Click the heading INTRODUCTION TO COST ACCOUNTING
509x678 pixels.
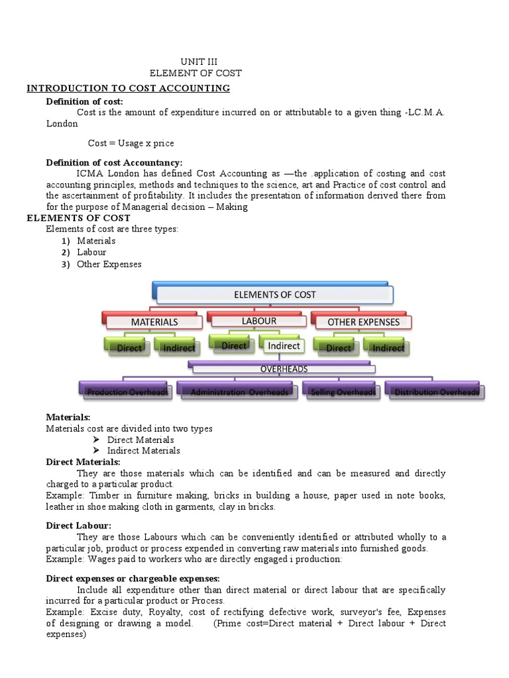(x=128, y=88)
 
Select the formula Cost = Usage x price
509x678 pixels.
(x=131, y=143)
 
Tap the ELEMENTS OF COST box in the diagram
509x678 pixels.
(x=275, y=295)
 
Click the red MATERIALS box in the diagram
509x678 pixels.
(x=154, y=322)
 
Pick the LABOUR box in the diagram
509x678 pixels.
(x=259, y=320)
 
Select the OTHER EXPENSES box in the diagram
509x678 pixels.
(x=363, y=322)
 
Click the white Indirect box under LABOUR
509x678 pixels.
(x=284, y=346)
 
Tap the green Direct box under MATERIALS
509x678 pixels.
(x=129, y=348)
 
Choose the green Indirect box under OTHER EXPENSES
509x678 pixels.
(x=388, y=348)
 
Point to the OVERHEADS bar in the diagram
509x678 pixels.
(x=282, y=369)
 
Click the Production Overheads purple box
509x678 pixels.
(x=127, y=392)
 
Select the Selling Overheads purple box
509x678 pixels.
(x=343, y=392)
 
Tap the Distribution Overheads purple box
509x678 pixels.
(x=436, y=392)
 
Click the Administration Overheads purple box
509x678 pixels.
(x=239, y=392)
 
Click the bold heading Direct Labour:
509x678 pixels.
(x=78, y=525)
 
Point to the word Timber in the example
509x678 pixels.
(x=105, y=496)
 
